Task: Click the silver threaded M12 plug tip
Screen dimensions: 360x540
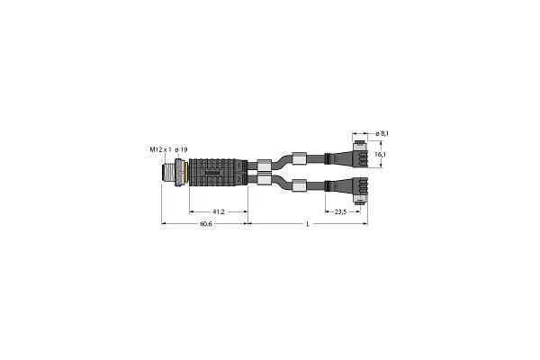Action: (x=170, y=169)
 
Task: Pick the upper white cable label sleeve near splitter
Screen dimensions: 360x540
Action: (x=264, y=164)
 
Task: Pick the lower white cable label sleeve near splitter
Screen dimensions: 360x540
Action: (x=264, y=179)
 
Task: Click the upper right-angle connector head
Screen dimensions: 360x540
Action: (x=360, y=154)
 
